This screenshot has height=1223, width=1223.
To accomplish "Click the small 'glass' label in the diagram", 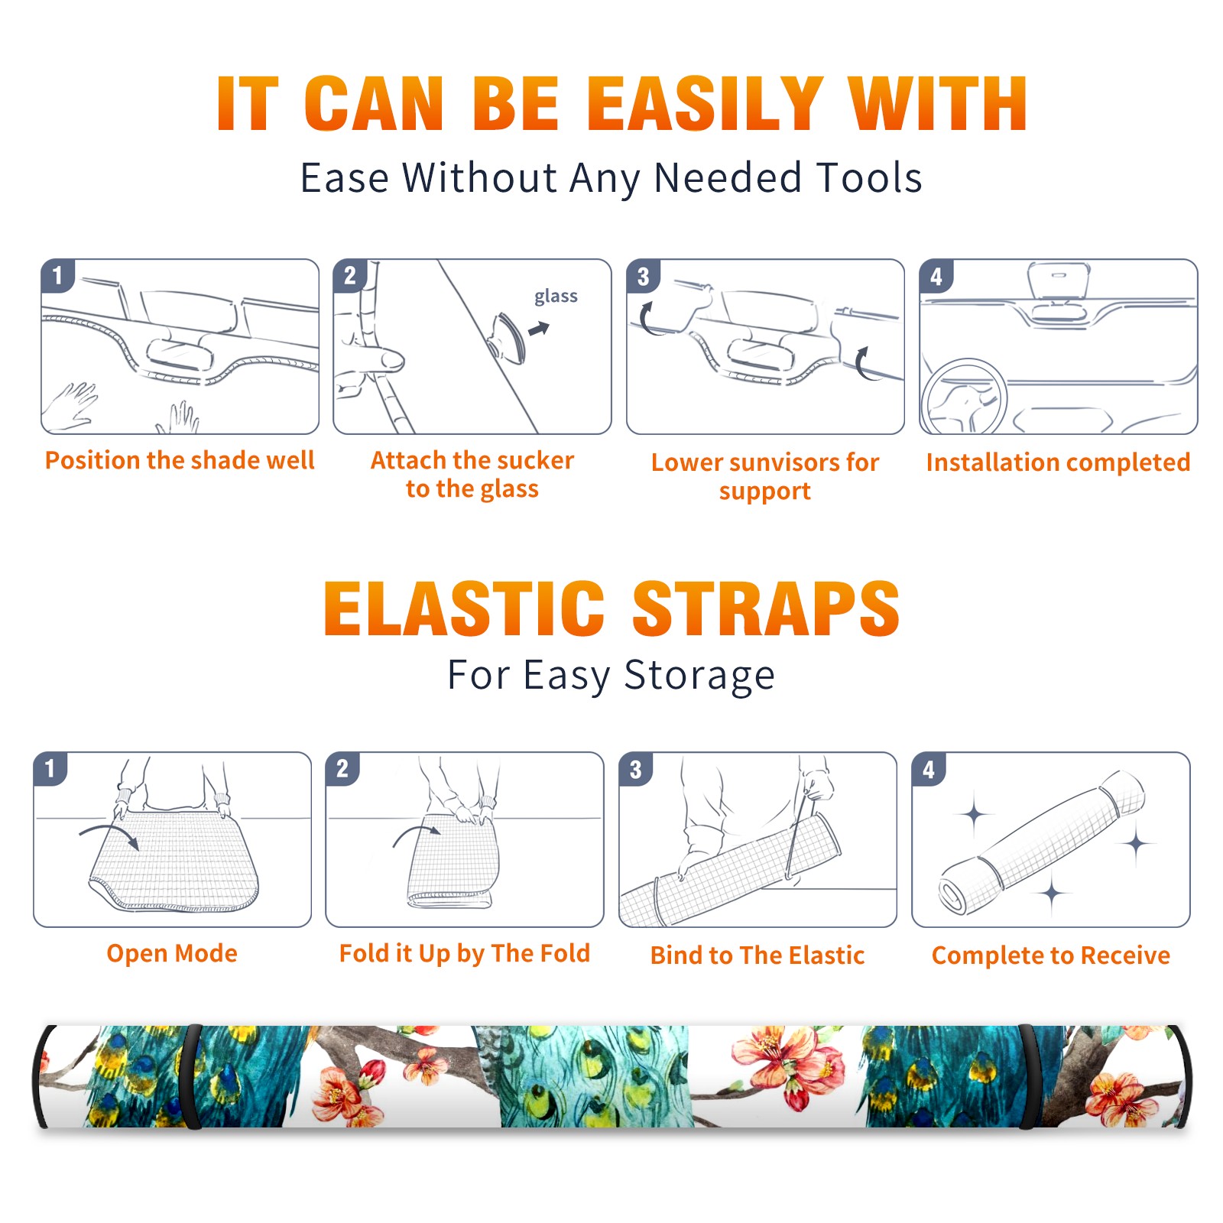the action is [556, 297].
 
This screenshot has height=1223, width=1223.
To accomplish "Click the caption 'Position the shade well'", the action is [180, 460].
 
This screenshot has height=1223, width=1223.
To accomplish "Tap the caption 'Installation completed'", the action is [1058, 462].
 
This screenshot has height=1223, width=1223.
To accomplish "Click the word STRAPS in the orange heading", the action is [766, 608].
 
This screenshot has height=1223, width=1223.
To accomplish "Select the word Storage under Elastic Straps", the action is [699, 676].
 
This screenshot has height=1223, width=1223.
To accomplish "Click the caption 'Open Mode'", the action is [172, 953].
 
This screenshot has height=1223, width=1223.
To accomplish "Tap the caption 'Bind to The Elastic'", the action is [757, 955].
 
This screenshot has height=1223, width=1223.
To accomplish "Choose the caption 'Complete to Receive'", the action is [1051, 955].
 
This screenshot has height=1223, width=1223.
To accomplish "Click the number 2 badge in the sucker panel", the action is [350, 275].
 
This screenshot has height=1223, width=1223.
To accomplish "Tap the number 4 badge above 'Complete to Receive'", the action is [929, 769].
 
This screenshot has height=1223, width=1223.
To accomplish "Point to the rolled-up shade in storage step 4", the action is [1043, 842].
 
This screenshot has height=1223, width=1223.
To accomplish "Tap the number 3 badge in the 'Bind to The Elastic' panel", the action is [636, 769].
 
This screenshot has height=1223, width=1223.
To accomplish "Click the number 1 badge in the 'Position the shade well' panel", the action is [57, 275].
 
